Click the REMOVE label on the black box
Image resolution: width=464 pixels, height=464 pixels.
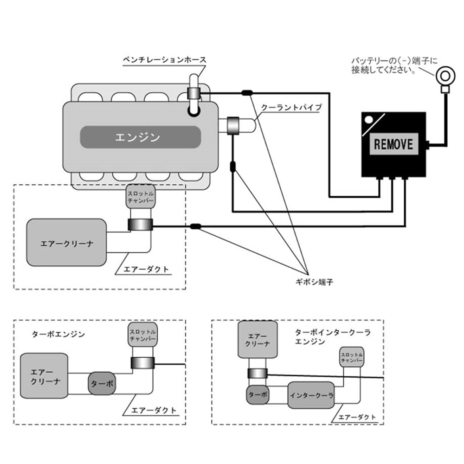click(393, 144)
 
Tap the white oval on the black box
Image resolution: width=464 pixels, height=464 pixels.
click(369, 120)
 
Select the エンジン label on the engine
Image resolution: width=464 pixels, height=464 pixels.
click(138, 137)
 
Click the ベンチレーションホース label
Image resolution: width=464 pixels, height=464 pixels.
click(165, 60)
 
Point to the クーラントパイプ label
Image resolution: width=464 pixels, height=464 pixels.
click(291, 107)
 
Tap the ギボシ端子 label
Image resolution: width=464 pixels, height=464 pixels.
click(314, 282)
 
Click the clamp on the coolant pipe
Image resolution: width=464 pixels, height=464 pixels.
click(233, 125)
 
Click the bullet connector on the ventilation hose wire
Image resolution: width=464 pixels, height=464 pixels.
click(247, 93)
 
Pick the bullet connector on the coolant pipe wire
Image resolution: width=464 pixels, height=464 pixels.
click(233, 167)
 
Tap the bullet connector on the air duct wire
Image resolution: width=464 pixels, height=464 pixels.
click(195, 227)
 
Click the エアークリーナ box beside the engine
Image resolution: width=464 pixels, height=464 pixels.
click(66, 242)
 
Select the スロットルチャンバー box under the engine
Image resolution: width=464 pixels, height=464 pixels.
click(141, 197)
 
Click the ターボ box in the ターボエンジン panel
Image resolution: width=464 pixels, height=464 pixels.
click(102, 384)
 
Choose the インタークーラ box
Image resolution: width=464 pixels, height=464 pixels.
click(311, 395)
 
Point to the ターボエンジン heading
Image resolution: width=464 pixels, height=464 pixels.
click(58, 335)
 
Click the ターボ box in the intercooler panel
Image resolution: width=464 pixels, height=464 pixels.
click(258, 395)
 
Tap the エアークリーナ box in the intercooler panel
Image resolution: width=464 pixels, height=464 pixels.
click(258, 340)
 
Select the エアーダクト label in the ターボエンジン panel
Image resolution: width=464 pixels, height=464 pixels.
click(154, 410)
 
